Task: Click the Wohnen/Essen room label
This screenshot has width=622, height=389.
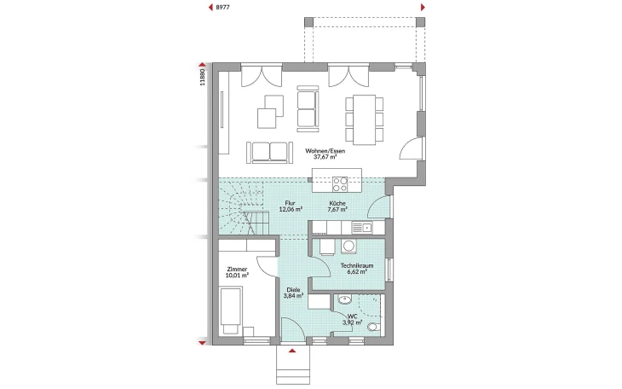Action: click(325, 151)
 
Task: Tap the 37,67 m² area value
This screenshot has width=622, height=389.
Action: click(325, 157)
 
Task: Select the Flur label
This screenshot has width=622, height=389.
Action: click(290, 203)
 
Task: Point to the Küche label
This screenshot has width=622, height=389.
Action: click(337, 203)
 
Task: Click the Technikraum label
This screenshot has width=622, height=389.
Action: click(357, 266)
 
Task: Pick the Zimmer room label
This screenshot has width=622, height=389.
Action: click(237, 270)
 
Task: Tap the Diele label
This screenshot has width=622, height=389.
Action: click(294, 290)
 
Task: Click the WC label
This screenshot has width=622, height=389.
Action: click(352, 316)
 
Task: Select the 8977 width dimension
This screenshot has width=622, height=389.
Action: click(222, 7)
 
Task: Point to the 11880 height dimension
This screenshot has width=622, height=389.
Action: click(202, 78)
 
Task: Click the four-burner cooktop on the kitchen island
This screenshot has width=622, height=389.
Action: click(340, 184)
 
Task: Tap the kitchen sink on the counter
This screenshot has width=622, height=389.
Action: click(362, 228)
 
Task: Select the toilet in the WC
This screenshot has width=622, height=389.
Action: click(374, 327)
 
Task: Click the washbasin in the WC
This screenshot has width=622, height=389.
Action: click(344, 299)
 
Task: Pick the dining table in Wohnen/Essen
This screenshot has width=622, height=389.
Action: click(364, 119)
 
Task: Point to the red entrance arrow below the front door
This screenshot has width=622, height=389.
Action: click(292, 351)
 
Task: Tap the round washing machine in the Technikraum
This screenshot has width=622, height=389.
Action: click(348, 247)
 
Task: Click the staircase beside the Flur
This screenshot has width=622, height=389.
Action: click(244, 206)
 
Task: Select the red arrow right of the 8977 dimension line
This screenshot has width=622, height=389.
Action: click(423, 7)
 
